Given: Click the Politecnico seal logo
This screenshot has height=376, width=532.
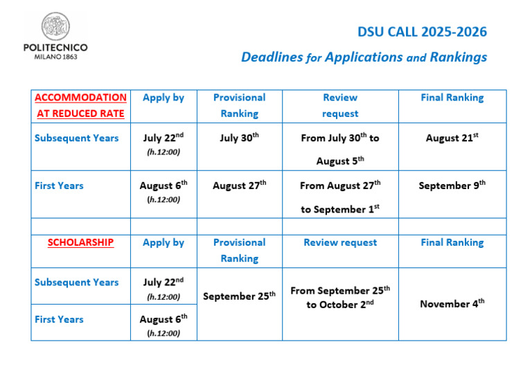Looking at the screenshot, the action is [x=55, y=26].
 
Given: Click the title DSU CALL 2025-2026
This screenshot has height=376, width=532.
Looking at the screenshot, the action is [x=422, y=32].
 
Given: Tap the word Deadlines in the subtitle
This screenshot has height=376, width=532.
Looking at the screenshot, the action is [x=272, y=57].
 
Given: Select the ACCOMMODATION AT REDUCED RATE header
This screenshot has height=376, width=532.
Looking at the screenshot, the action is [x=81, y=105].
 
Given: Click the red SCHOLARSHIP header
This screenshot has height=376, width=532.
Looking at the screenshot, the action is [x=81, y=242].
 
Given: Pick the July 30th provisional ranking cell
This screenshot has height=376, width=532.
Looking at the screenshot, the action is [x=239, y=137].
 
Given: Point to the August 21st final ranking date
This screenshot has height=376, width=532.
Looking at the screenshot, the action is [x=452, y=137].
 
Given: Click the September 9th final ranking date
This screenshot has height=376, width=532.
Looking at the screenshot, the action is [x=452, y=185].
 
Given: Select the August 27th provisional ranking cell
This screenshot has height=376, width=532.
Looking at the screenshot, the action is [x=239, y=185].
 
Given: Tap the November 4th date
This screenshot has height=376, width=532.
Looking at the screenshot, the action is [x=452, y=303].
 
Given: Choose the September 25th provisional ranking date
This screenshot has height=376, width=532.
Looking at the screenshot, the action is [x=239, y=296].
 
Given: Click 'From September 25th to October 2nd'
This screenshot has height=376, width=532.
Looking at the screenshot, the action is [x=340, y=297].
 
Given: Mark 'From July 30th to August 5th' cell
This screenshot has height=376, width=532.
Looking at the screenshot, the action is [x=340, y=149].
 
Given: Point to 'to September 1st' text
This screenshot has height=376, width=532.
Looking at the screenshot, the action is [x=340, y=209].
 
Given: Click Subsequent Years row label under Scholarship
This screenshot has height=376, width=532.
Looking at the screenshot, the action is [x=77, y=283].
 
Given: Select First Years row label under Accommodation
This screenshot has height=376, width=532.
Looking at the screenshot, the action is [x=59, y=186].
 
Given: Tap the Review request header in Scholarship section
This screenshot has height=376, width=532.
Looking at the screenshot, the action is [x=340, y=242].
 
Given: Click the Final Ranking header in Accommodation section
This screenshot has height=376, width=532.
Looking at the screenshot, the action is [x=452, y=98].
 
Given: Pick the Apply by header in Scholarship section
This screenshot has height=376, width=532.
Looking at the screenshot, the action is [x=163, y=243].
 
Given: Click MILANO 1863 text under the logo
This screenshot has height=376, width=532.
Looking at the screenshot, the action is [x=55, y=57].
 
